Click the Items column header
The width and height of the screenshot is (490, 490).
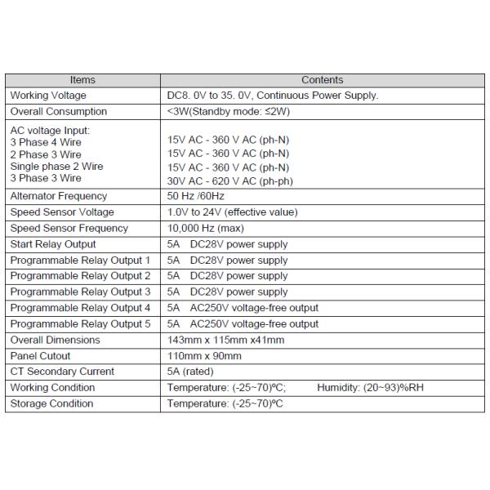82,80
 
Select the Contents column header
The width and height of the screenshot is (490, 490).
322,80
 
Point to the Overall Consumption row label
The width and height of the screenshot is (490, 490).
58,111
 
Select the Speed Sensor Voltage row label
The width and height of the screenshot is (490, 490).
62,212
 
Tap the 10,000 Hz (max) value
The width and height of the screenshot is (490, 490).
205,229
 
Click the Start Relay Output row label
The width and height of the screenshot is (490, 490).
53,244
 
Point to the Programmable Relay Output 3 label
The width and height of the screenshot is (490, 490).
80,292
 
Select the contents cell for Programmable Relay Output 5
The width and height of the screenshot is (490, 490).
243,323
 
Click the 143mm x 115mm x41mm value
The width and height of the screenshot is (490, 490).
225,340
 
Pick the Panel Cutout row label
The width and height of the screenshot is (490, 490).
40,356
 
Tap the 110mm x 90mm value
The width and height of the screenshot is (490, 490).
204,356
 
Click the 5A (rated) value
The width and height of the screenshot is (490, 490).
193,372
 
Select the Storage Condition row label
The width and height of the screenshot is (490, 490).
51,403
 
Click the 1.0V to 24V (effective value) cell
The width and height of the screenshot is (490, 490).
232,212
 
